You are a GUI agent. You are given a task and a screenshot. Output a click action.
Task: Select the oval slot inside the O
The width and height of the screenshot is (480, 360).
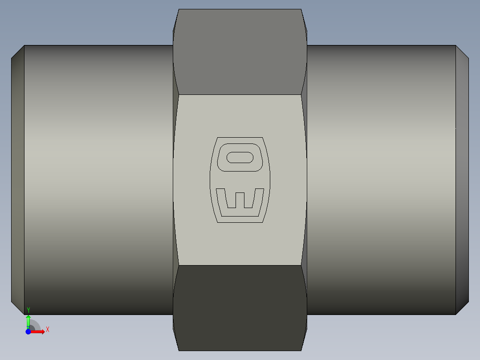[x=240, y=157]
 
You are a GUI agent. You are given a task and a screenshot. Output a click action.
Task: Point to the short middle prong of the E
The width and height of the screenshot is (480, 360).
[x=240, y=200]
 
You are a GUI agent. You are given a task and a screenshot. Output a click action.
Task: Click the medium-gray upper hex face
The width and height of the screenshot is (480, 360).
[x=240, y=52]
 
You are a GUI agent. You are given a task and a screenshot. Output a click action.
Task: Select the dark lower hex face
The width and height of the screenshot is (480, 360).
[x=240, y=308]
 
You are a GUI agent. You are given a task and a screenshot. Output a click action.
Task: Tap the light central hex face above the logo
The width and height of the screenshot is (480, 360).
[x=240, y=116]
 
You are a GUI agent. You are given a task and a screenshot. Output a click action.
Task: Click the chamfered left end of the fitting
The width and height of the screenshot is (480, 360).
[x=18, y=180]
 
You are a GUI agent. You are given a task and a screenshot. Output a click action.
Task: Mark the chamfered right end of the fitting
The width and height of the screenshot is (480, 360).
[x=462, y=180]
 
